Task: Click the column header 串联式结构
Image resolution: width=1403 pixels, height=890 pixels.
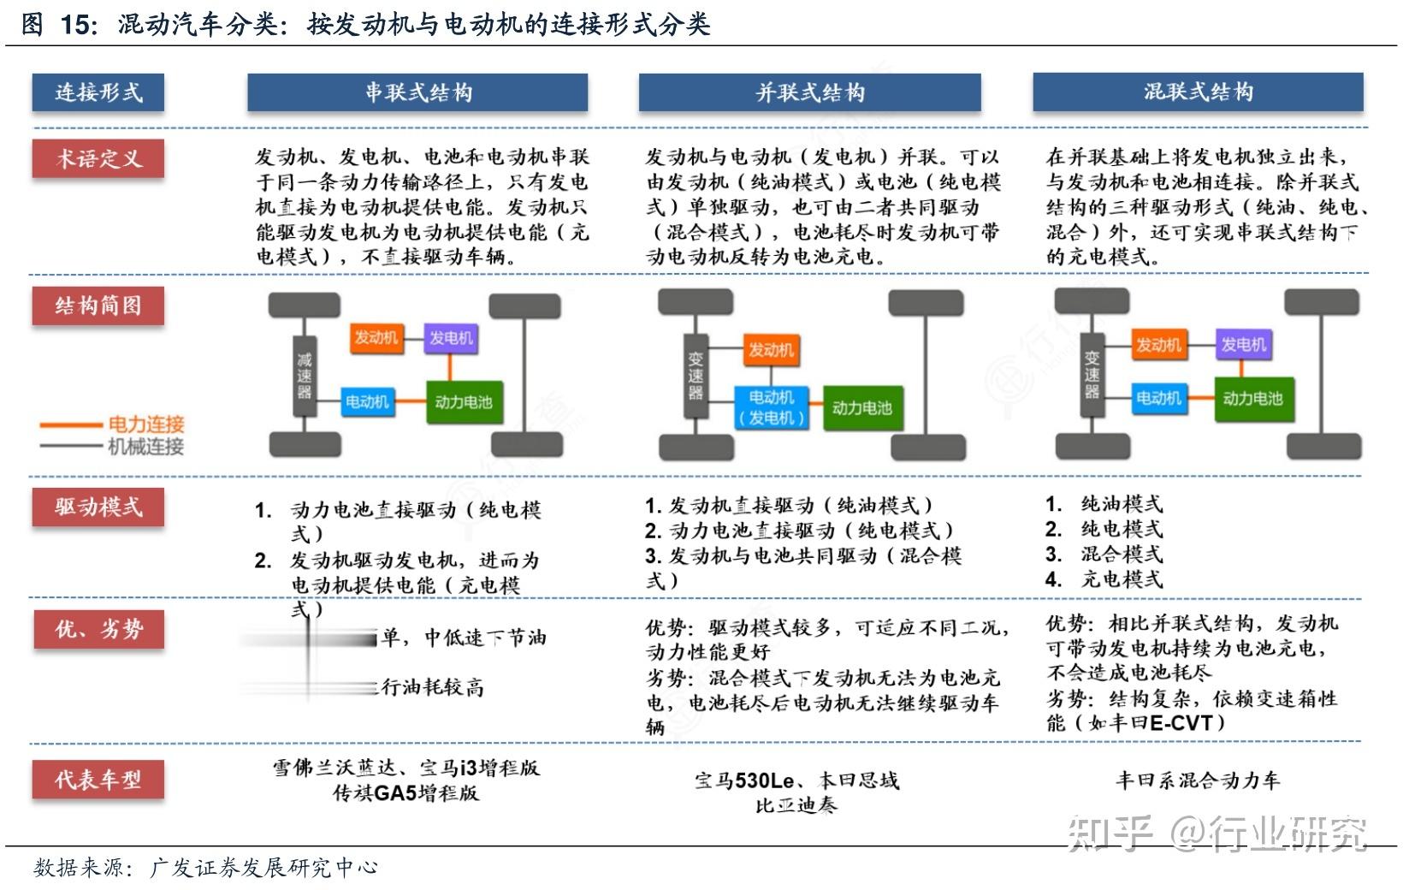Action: point(417,92)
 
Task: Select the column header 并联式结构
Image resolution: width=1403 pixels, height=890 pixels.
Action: point(809,92)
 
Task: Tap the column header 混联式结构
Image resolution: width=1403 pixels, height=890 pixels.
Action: point(1198,92)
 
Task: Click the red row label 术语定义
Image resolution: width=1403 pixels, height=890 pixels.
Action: point(98,158)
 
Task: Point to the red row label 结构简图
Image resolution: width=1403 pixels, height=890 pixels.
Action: point(98,306)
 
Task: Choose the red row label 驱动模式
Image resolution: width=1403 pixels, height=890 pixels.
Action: point(98,507)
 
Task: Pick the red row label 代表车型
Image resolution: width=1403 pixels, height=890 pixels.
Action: point(98,780)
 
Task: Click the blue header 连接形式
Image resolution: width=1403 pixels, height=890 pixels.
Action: point(98,92)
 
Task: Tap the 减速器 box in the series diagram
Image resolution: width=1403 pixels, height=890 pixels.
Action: point(305,375)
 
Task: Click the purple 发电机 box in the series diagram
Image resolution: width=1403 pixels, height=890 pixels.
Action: point(451,338)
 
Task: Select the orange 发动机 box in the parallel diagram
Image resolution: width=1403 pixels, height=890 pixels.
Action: point(771,349)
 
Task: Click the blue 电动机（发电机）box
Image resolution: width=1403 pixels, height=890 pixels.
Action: point(771,407)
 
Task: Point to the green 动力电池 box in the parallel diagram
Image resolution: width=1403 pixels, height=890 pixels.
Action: point(861,408)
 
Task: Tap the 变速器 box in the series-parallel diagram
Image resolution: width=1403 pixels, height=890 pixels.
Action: point(1092,375)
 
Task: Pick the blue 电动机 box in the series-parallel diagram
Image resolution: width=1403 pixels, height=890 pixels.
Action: point(1157,398)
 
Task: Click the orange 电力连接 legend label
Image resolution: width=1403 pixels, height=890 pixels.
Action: point(145,424)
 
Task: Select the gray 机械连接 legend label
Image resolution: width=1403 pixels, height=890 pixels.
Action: point(145,446)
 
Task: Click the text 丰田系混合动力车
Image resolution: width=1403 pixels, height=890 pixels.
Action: point(1198,780)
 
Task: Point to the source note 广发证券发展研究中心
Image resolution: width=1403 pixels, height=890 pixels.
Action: point(263,868)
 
